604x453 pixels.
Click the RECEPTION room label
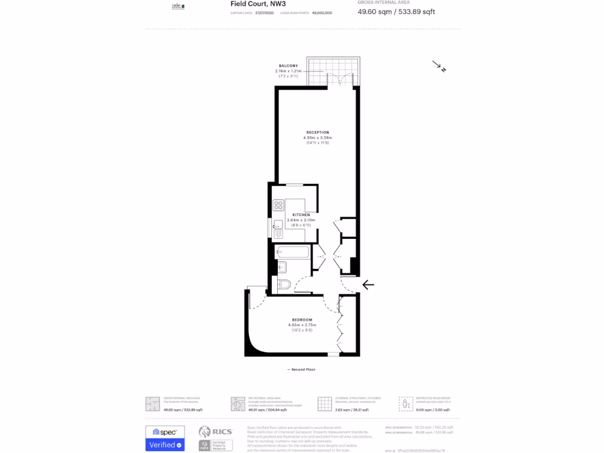click(317, 132)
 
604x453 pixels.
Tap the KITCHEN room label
click(301, 215)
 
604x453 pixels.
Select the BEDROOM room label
click(302, 320)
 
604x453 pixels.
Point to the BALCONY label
click(288, 65)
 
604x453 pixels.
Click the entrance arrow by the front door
click(368, 285)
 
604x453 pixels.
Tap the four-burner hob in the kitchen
click(278, 205)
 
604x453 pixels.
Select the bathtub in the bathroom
click(293, 252)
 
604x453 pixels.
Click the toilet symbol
click(284, 285)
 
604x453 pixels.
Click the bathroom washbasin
click(281, 266)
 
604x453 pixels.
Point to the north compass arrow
click(439, 66)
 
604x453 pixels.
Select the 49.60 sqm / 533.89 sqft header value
click(396, 12)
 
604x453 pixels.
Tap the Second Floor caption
click(301, 369)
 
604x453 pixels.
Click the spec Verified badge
click(165, 438)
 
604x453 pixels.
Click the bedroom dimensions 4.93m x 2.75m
click(302, 325)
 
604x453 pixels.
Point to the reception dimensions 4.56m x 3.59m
click(317, 138)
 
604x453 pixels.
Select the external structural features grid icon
click(325, 403)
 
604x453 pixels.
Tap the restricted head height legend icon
click(406, 403)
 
